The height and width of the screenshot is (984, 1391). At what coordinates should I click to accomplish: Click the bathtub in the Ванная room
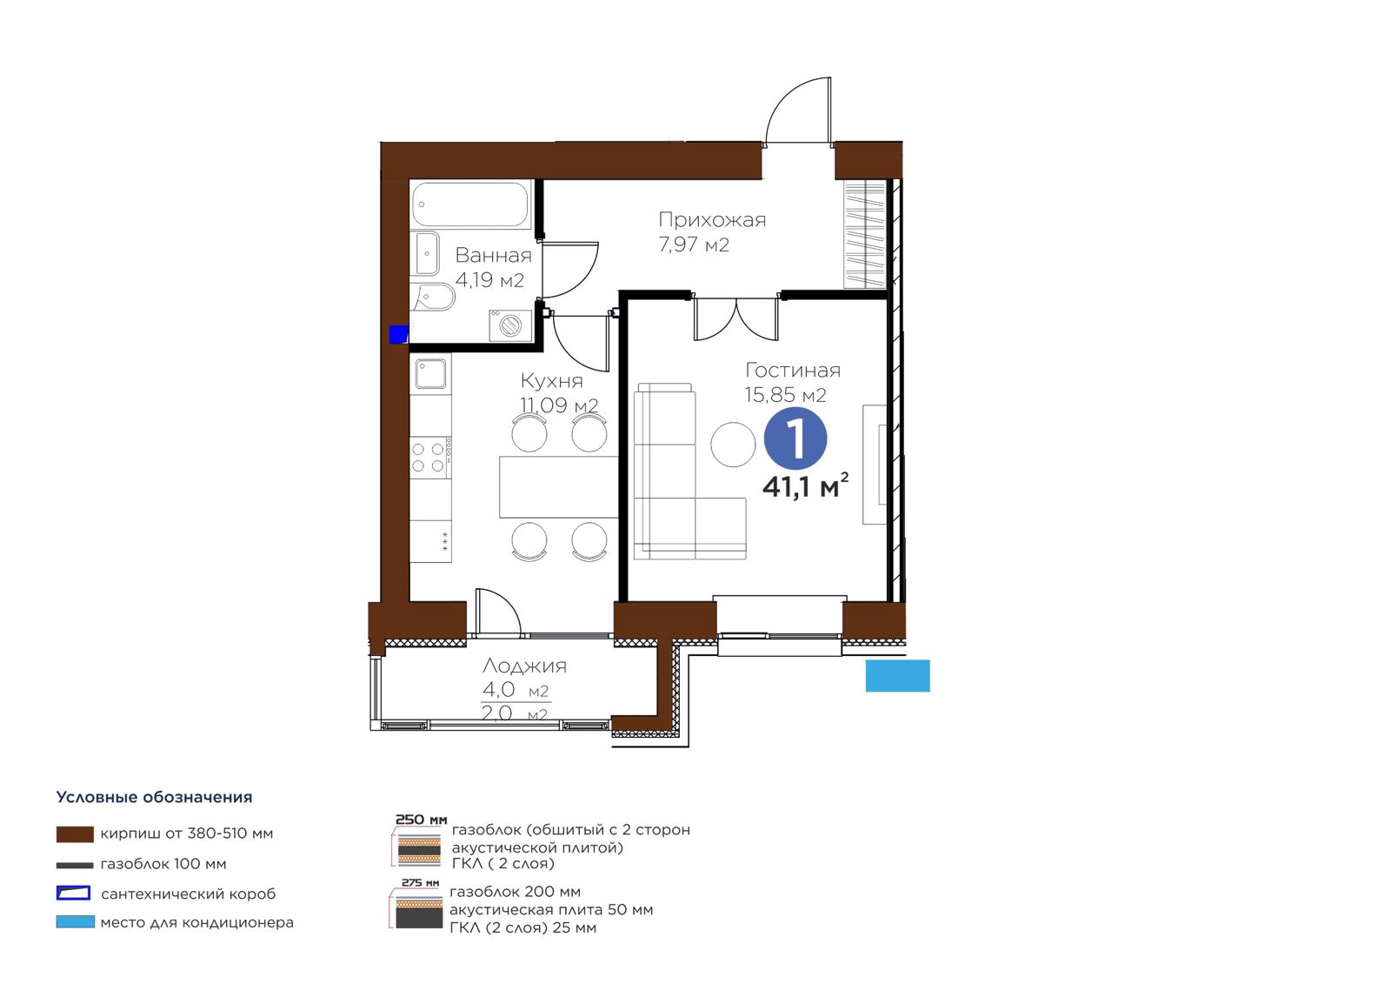coord(470,204)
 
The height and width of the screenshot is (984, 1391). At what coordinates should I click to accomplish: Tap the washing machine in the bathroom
coord(510,325)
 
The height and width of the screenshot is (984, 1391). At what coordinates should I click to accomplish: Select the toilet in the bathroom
coord(436,298)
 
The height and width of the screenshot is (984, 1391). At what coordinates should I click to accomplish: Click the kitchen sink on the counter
coord(430,373)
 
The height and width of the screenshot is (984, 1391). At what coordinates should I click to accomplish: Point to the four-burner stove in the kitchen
coord(429,458)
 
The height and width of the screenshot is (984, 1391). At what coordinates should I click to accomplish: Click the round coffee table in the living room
coord(733,444)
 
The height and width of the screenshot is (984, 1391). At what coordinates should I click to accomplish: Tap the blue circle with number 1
coord(795,438)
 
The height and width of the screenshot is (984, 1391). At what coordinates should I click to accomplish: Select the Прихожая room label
coord(712,220)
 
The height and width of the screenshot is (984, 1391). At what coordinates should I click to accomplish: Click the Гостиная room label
coord(793,371)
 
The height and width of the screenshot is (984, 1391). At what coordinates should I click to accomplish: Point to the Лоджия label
coord(525,666)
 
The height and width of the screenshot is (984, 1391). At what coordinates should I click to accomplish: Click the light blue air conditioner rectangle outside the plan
coord(898,676)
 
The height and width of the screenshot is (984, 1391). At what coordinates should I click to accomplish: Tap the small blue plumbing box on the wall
coord(398,334)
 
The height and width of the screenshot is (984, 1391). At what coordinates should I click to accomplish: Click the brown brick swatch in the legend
coord(75,834)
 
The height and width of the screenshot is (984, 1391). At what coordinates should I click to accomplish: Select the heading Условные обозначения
coord(154,798)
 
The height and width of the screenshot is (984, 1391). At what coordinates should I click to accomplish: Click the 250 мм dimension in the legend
coord(422,820)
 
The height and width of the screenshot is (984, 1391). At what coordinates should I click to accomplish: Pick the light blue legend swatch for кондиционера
coord(75,922)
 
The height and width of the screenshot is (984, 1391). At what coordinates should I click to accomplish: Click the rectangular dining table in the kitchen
coord(559,486)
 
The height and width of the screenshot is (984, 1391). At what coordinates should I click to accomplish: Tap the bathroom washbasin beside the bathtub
coord(427,253)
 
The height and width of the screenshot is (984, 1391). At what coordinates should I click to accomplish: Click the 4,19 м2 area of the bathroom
coord(490,280)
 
